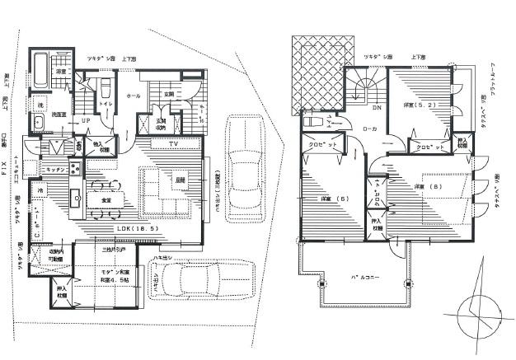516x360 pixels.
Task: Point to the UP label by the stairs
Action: pos(85,120)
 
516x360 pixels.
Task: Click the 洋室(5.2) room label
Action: pos(418,105)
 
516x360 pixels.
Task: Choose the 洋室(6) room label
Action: pos(327,198)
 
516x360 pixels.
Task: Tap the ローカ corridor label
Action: pos(370,129)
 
